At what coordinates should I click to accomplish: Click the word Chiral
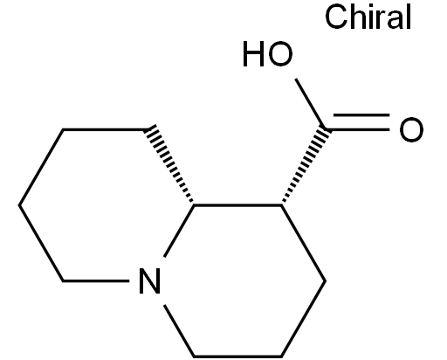coord(368,17)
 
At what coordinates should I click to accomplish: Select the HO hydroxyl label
coord(268,54)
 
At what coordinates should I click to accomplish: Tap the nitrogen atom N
coord(150,280)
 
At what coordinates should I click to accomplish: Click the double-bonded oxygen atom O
coord(411,129)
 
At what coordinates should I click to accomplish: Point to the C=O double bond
coord(360,122)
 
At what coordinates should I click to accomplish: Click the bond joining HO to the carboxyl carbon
coord(311,104)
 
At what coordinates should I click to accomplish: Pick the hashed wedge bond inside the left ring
coord(169,163)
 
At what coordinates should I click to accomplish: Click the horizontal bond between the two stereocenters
coord(237,205)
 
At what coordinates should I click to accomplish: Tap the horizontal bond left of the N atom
coord(96,280)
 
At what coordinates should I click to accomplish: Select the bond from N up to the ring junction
coord(179,232)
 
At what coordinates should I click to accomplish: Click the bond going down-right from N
coord(179,331)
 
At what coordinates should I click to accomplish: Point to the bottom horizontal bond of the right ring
coord(237,356)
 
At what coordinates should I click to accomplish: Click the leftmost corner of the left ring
coord(19,205)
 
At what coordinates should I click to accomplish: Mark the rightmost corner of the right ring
coord(325,280)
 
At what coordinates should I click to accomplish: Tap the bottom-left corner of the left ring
coord(63,280)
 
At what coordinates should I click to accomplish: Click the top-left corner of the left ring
coord(63,129)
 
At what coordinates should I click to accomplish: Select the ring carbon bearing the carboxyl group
coord(281,205)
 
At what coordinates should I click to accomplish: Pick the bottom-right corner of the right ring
coord(281,356)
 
